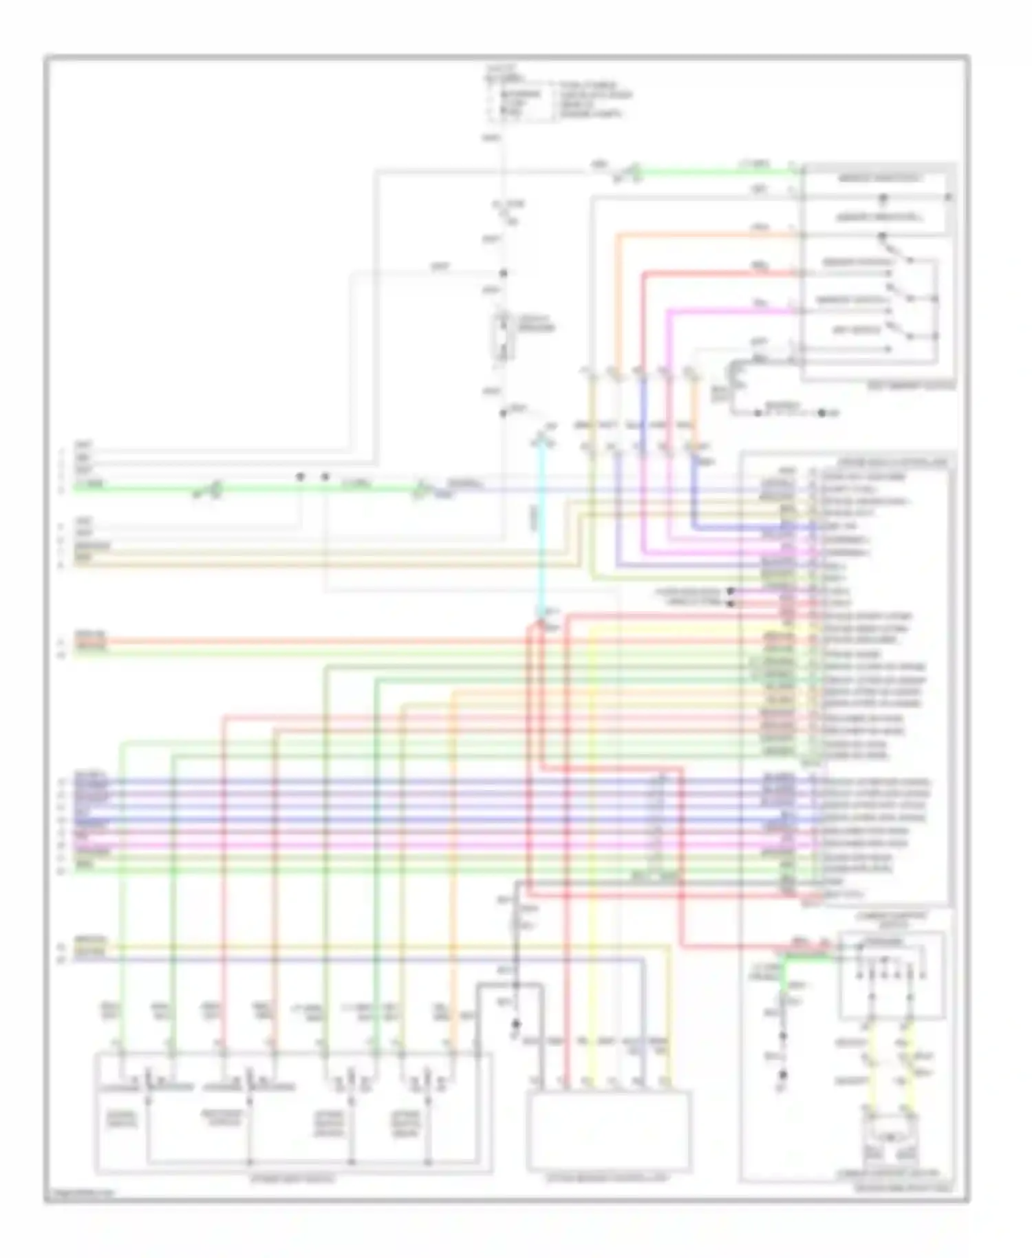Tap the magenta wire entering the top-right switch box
pos(729,312)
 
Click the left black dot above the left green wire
pos(300,476)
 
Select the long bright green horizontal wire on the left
pos(138,489)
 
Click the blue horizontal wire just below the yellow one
pos(344,959)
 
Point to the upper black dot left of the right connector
pos(731,590)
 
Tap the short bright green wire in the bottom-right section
pos(805,957)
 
